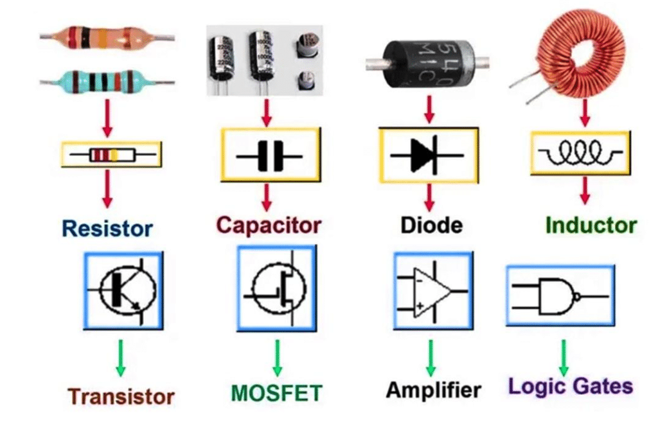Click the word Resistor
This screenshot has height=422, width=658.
tap(107, 229)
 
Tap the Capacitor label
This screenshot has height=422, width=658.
tap(269, 225)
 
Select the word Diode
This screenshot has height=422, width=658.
tap(431, 225)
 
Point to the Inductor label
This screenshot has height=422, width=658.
tap(591, 225)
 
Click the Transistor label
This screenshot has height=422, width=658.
tap(121, 396)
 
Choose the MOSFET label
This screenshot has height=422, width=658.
tap(276, 393)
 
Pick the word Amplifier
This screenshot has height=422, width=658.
tap(434, 390)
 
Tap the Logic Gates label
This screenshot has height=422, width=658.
tap(571, 386)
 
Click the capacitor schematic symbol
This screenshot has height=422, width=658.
tap(269, 157)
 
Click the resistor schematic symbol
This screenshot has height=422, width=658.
tap(112, 155)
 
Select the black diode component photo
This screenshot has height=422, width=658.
tap(427, 64)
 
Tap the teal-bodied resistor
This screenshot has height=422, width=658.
tap(107, 81)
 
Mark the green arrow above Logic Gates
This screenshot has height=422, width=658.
tap(564, 358)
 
